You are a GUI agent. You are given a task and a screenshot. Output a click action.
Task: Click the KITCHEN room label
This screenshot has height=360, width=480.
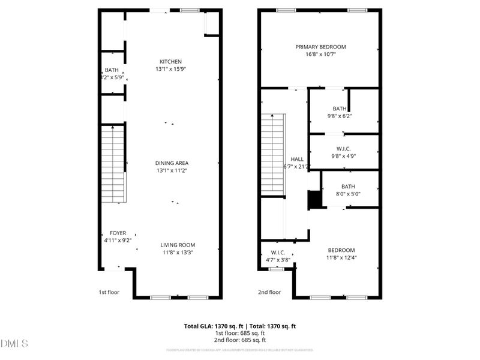(170, 62)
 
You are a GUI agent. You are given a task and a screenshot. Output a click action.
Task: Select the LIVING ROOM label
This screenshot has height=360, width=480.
(178, 245)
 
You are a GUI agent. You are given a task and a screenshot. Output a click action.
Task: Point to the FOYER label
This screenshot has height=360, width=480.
(118, 233)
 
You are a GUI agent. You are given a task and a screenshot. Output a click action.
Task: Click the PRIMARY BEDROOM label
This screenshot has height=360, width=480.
(320, 47)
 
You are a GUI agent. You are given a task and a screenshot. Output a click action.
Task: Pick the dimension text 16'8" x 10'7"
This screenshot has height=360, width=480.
(320, 54)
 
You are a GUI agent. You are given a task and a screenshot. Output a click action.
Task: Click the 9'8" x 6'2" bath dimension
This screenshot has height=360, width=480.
(340, 116)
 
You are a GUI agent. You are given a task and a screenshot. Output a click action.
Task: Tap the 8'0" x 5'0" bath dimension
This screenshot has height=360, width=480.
(348, 194)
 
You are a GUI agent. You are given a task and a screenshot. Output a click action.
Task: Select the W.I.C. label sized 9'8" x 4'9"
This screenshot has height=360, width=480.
(343, 149)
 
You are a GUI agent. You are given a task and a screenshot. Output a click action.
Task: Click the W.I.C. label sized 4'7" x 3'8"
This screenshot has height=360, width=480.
(277, 253)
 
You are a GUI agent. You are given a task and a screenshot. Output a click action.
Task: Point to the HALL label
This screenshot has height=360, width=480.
(296, 159)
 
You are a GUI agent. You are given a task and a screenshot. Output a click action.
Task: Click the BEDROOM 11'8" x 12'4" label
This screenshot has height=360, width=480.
(341, 250)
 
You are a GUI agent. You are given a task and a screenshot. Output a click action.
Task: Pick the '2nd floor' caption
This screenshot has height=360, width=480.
(269, 292)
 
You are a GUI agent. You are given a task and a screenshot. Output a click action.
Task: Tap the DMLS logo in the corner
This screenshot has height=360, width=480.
(16, 344)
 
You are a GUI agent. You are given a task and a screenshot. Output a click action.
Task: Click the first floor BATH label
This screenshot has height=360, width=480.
(112, 70)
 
